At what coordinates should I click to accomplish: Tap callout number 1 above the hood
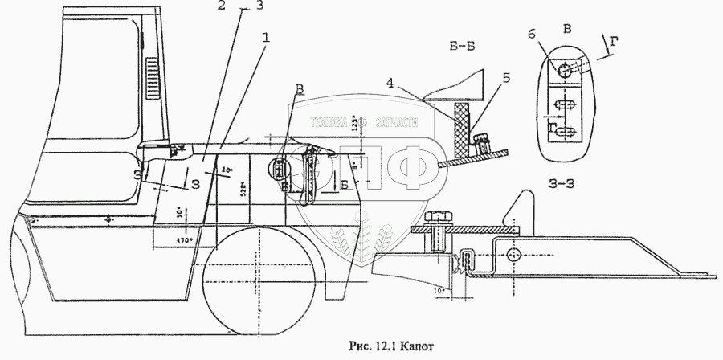265,38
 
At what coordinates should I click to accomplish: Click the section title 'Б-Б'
461,47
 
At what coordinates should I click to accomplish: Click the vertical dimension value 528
243,190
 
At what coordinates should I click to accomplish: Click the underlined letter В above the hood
299,88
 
